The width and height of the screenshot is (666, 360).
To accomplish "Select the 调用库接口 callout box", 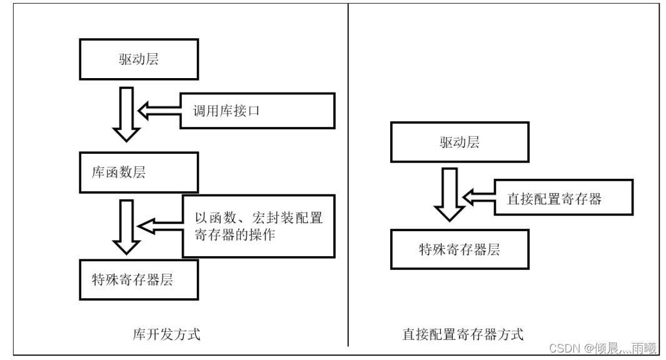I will point(257,112).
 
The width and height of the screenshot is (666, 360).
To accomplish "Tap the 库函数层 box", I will point(139,172).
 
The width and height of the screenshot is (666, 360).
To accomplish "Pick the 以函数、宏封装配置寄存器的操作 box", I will point(258,226).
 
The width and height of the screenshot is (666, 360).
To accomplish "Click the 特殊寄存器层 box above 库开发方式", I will point(139,279).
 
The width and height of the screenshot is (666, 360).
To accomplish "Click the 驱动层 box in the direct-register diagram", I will point(459,142).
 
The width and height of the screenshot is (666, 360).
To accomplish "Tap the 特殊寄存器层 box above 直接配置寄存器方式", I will point(459,250).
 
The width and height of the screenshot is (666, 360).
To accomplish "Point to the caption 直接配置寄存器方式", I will point(462,334).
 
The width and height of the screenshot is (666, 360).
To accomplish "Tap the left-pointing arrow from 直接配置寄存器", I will point(478,197).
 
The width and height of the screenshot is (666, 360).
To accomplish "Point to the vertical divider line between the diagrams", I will point(348,175).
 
